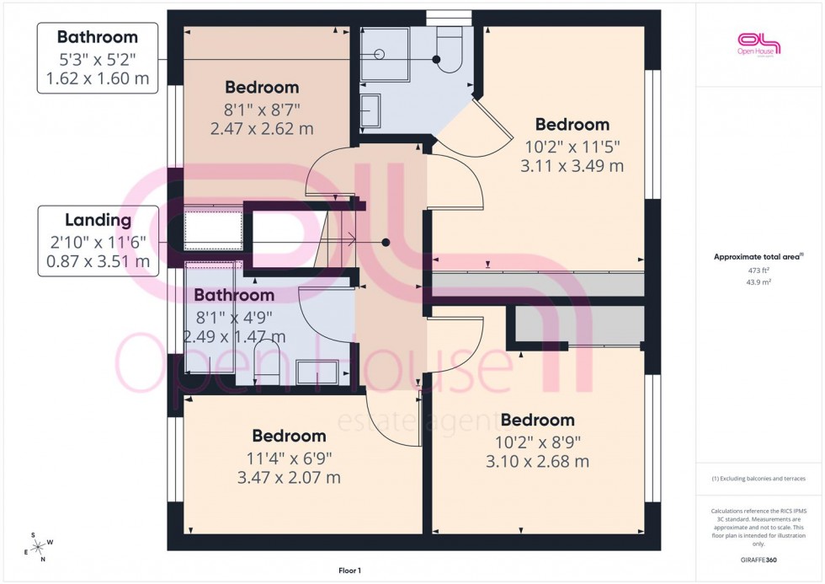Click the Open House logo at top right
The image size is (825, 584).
[x=758, y=44]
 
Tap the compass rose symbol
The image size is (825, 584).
[x=37, y=545]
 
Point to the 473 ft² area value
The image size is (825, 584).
[x=759, y=270]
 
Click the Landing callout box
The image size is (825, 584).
[x=98, y=240]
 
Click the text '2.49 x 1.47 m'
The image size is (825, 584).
[x=234, y=337]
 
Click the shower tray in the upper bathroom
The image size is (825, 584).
[x=385, y=54]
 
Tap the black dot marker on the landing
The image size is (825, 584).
[x=386, y=243]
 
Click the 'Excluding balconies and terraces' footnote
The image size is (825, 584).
[x=759, y=479]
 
